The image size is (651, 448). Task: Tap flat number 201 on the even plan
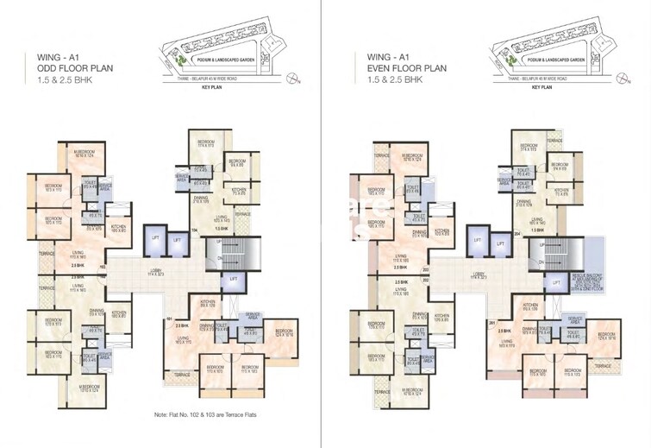491,324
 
